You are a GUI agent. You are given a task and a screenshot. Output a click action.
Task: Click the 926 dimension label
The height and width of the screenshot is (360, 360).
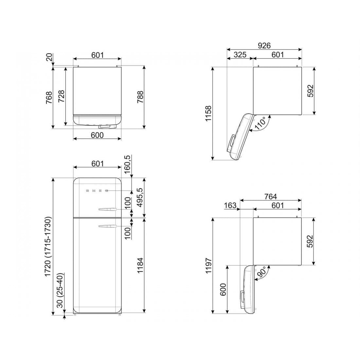[x=264, y=45]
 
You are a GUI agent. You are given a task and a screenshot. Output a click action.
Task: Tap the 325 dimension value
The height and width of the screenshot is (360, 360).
[x=240, y=55]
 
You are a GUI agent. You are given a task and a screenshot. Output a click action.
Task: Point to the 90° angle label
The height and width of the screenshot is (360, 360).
[x=262, y=272]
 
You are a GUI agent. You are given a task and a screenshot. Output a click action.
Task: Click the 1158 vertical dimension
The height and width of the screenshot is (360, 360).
[x=208, y=114]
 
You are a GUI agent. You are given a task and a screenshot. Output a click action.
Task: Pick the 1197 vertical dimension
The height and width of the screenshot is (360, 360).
[x=208, y=265]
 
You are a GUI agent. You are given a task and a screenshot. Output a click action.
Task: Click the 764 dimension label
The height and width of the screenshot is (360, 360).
[x=270, y=197]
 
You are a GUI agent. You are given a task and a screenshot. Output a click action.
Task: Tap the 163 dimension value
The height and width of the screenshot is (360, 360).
[x=230, y=205]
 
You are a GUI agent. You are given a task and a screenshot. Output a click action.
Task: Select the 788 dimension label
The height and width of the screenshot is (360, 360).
[x=140, y=97]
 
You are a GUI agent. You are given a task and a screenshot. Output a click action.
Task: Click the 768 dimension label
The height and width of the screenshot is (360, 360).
[x=49, y=97]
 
